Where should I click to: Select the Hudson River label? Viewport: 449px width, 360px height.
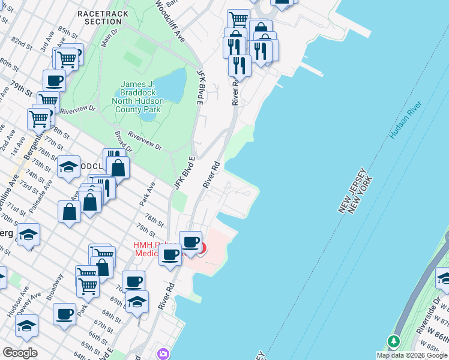click(x=406, y=120)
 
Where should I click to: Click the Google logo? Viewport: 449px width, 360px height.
click(x=20, y=353)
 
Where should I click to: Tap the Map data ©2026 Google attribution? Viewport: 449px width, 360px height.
click(x=412, y=355)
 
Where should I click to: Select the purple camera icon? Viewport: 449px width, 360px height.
click(x=161, y=354)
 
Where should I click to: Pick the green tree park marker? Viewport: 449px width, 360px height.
click(x=394, y=342)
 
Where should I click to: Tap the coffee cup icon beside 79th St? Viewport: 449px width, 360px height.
click(x=54, y=80)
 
